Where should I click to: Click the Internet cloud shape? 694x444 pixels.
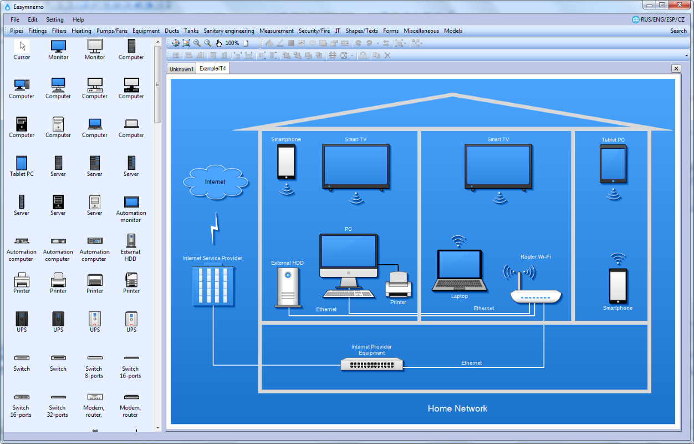pos(216,182)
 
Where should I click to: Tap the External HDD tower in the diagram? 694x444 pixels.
pos(288,287)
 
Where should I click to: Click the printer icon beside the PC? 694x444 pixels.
pos(399,285)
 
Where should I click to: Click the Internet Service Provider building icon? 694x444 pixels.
pos(213,286)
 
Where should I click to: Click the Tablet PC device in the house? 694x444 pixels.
pos(613,164)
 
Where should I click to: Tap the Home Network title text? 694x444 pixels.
pos(457,408)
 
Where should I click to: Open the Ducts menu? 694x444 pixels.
pos(172,31)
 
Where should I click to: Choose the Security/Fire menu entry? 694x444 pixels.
pos(314,31)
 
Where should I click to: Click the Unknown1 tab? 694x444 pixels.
pos(181,69)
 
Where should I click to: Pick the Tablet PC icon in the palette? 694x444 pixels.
pos(22,163)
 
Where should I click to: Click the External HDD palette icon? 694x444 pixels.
pos(131,241)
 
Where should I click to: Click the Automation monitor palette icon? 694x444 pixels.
pos(131,202)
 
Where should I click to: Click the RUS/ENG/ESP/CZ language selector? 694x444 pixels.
pos(659,19)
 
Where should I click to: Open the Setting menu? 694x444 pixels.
pos(55,19)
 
